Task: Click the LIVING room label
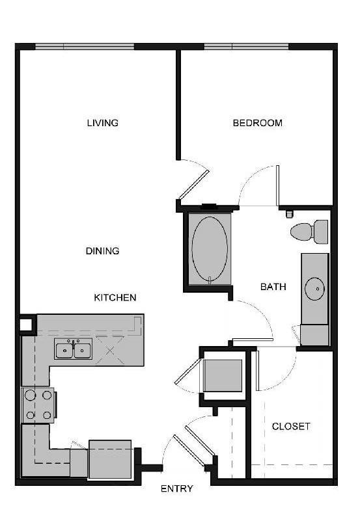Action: [x=103, y=123]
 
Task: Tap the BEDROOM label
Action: [x=258, y=123]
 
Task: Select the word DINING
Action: [x=103, y=250]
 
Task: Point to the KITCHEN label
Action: [x=116, y=297]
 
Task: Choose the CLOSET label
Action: [x=291, y=427]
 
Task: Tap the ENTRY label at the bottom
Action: [x=176, y=488]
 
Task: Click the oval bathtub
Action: [x=209, y=247]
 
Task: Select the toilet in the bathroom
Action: [x=310, y=231]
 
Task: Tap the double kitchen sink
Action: [x=74, y=350]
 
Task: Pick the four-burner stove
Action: [x=38, y=404]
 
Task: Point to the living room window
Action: [x=85, y=47]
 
